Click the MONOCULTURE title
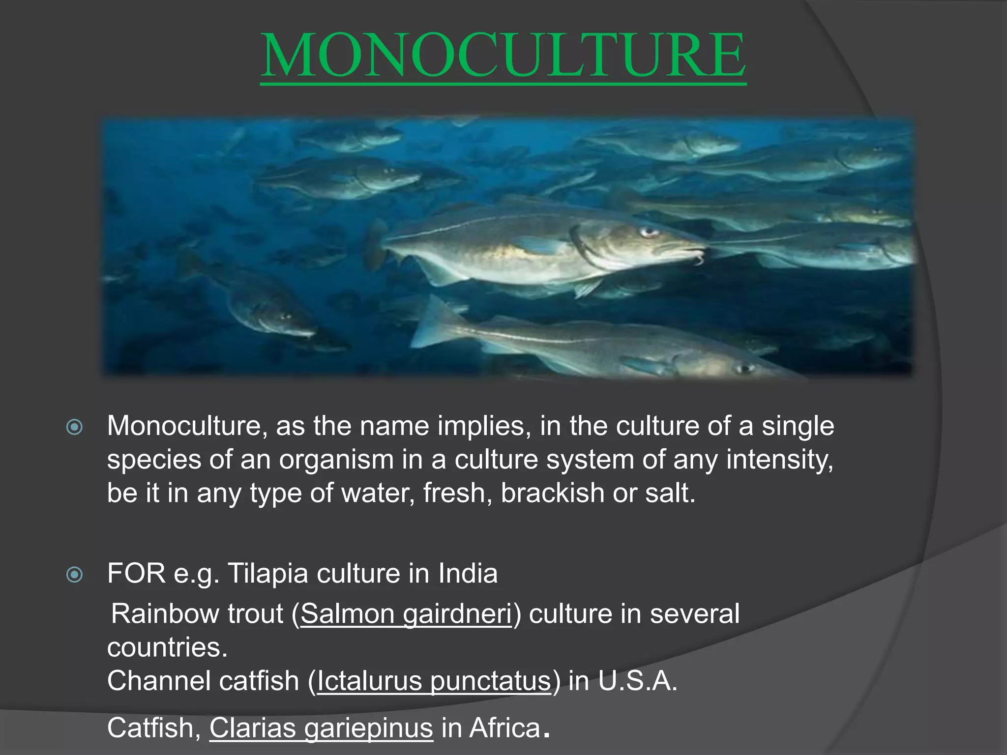[x=503, y=55]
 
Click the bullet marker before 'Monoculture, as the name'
[x=74, y=427]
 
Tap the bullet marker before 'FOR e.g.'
[x=74, y=574]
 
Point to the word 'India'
[x=468, y=573]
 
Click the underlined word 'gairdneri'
[x=457, y=614]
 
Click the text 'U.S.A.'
[x=638, y=681]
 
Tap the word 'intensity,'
[x=780, y=460]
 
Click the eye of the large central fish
[x=649, y=232]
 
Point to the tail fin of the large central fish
[x=377, y=246]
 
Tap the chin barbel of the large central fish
[x=697, y=259]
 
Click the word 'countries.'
[x=168, y=648]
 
